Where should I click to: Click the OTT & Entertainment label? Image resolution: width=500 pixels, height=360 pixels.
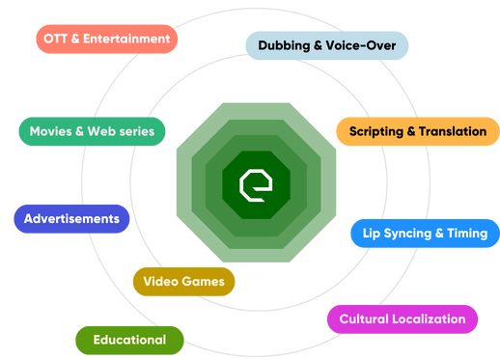[107, 40]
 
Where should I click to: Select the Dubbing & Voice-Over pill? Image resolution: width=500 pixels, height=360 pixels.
[326, 44]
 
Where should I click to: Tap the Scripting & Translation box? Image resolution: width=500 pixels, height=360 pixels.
[417, 131]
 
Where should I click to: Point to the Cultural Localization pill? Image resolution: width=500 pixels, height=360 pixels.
[402, 318]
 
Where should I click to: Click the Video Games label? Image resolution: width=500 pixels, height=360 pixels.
[183, 282]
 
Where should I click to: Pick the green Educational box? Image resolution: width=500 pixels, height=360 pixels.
[129, 340]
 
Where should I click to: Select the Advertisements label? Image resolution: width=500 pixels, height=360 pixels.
[71, 218]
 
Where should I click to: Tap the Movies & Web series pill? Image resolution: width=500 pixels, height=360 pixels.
[92, 130]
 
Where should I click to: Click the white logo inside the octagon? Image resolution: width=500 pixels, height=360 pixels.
[256, 183]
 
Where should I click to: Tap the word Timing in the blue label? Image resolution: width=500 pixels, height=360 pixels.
[467, 234]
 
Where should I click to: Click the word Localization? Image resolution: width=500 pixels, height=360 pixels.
[428, 318]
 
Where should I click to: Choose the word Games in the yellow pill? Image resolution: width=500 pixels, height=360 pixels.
[204, 282]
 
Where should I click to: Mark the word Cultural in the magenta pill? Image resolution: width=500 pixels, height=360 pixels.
[363, 318]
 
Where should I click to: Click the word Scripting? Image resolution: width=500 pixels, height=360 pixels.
[377, 131]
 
